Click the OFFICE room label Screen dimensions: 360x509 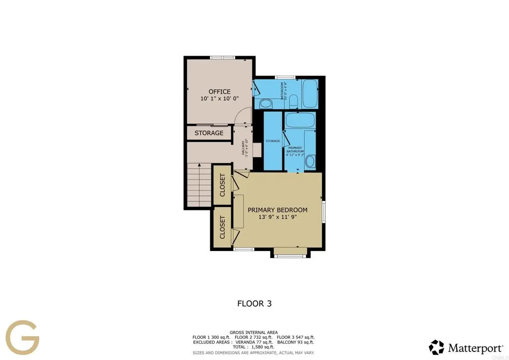[219, 91]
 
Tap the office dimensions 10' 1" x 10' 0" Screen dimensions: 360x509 [219, 99]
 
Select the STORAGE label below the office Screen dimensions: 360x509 [209, 133]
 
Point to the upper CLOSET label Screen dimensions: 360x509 [222, 184]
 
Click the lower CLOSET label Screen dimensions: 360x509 [222, 227]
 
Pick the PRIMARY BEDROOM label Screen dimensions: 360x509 [277, 210]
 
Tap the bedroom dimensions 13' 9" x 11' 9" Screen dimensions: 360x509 [277, 217]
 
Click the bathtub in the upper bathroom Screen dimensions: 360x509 [310, 93]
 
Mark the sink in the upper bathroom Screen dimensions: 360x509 [265, 104]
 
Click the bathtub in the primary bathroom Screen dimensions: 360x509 [299, 120]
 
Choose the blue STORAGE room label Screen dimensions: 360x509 [272, 141]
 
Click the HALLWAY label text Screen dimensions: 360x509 [244, 147]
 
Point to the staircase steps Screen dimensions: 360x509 [199, 186]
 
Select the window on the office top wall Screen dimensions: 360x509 [222, 58]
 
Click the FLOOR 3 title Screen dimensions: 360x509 [254, 303]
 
